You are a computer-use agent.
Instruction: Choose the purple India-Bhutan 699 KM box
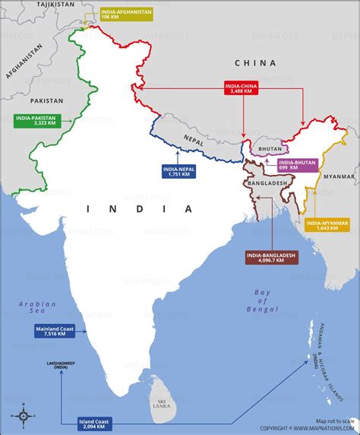point(298,164)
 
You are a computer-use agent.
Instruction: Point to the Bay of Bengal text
point(263,300)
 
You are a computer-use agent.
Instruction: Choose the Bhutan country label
point(270,149)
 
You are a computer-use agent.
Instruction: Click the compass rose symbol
point(23,415)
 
